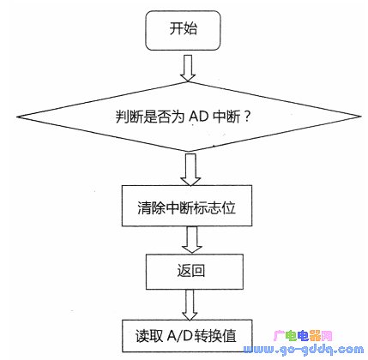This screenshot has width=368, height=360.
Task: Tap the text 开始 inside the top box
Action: tap(183, 28)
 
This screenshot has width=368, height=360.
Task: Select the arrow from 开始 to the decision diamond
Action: tap(188, 68)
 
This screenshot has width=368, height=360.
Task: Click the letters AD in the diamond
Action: tap(198, 117)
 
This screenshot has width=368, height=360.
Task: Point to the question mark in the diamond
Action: tap(247, 117)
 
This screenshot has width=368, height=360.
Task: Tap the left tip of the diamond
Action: tap(17, 117)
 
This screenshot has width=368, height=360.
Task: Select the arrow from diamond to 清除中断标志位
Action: tap(190, 170)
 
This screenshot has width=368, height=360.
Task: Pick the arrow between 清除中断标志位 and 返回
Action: tap(191, 240)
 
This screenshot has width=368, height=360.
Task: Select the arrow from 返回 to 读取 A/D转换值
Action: tap(190, 305)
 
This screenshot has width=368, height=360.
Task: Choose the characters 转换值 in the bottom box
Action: tap(215, 336)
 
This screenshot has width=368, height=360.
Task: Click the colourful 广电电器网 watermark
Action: tap(303, 336)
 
